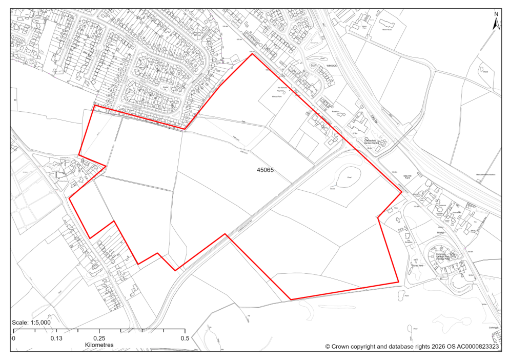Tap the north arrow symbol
point(496,24)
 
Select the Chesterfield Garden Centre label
point(375,141)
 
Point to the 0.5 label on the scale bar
point(185,338)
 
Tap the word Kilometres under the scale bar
point(99,345)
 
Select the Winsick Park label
point(277,96)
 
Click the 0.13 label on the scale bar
point(56,338)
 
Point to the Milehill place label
point(440,232)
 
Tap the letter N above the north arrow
point(496,14)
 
